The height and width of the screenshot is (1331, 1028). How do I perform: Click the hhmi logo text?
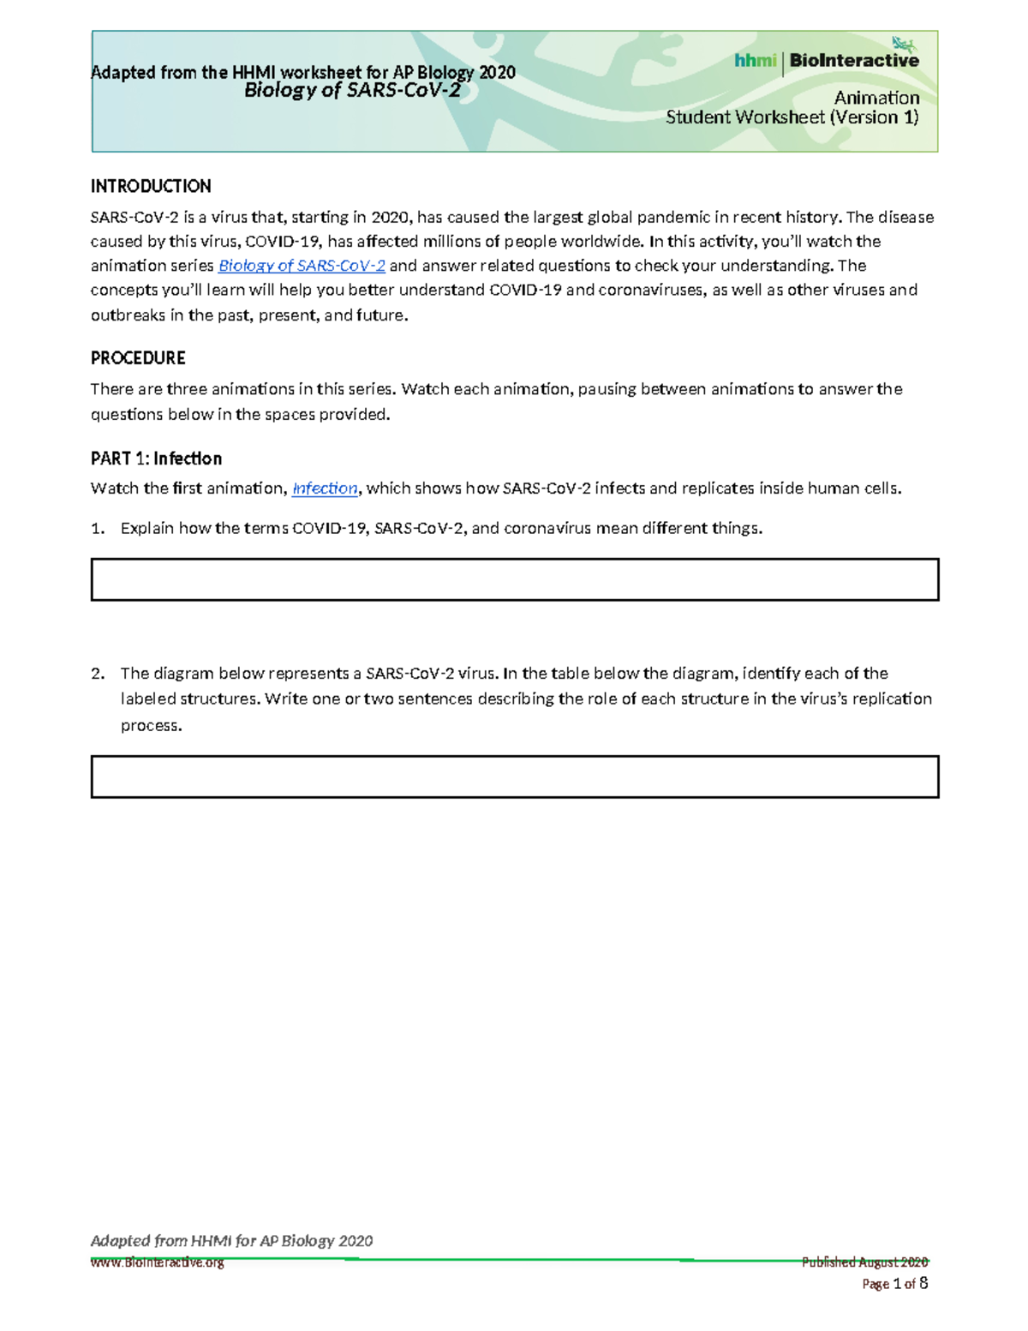(x=755, y=60)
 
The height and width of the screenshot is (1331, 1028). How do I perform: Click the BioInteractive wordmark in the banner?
(x=854, y=60)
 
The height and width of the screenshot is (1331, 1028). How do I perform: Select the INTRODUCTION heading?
(x=151, y=186)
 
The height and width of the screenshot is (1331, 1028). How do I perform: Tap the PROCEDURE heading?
(x=138, y=357)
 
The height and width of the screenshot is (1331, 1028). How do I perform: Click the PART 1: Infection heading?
(x=156, y=458)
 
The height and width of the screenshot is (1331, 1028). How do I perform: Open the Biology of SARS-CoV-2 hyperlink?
(x=302, y=266)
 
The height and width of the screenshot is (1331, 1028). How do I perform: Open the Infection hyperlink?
(x=325, y=489)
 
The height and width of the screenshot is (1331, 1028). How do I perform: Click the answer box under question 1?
(x=514, y=579)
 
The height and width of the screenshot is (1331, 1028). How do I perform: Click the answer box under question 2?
(x=514, y=776)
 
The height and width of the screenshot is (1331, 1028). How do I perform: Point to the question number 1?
(x=97, y=529)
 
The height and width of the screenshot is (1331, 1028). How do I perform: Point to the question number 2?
(x=97, y=674)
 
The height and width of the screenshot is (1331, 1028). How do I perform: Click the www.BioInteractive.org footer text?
(x=158, y=1262)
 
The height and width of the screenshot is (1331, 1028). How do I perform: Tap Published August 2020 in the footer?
(x=864, y=1262)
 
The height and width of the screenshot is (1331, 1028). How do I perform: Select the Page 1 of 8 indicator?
(x=894, y=1284)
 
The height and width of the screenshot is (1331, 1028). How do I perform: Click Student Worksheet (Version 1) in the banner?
(x=792, y=117)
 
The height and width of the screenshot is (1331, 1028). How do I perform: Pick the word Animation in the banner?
(x=876, y=98)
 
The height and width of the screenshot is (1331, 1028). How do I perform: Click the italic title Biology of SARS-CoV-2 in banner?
(x=352, y=91)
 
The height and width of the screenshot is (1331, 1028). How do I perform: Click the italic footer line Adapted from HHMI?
(x=231, y=1241)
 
